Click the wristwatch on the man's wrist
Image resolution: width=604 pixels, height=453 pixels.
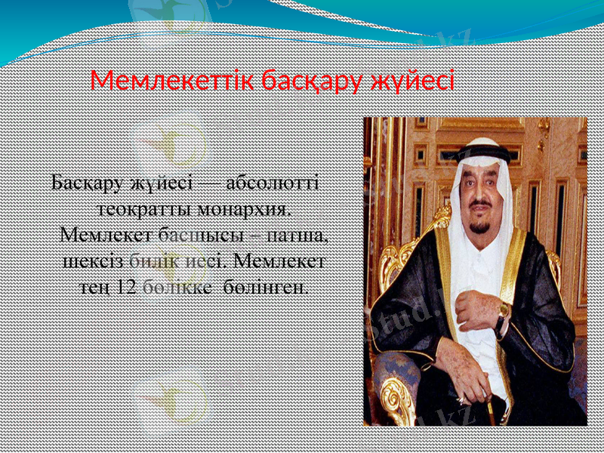(502, 311)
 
